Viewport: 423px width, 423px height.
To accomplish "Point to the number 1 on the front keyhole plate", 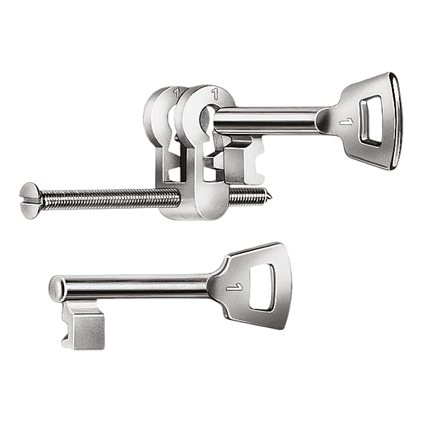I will click(x=213, y=92).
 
